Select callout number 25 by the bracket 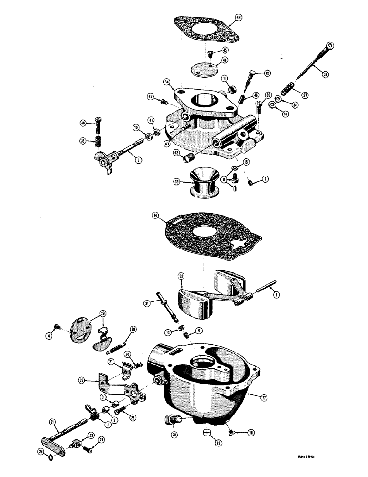click(82, 380)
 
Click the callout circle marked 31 click(147, 303)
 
